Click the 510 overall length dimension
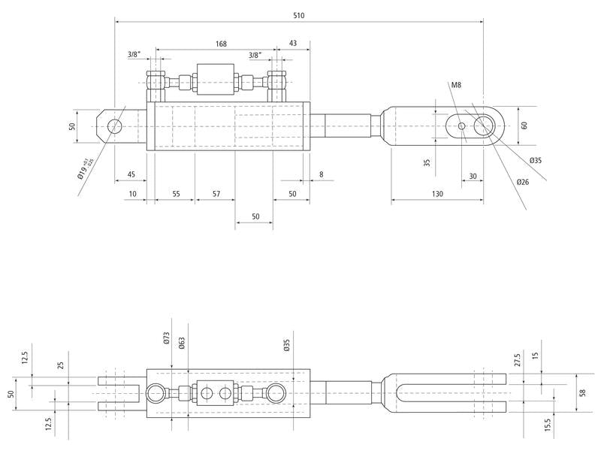(299, 15)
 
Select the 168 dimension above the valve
(221, 44)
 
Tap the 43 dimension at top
(292, 44)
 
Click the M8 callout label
(456, 86)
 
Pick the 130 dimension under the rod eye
(437, 193)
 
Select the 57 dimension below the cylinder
(216, 193)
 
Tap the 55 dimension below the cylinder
(176, 193)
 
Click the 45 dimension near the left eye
(131, 174)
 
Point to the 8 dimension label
(321, 174)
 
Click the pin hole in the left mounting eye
(115, 126)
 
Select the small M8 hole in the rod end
(461, 126)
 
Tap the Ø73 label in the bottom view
(167, 340)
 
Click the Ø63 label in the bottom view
(181, 344)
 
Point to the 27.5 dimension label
(516, 359)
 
